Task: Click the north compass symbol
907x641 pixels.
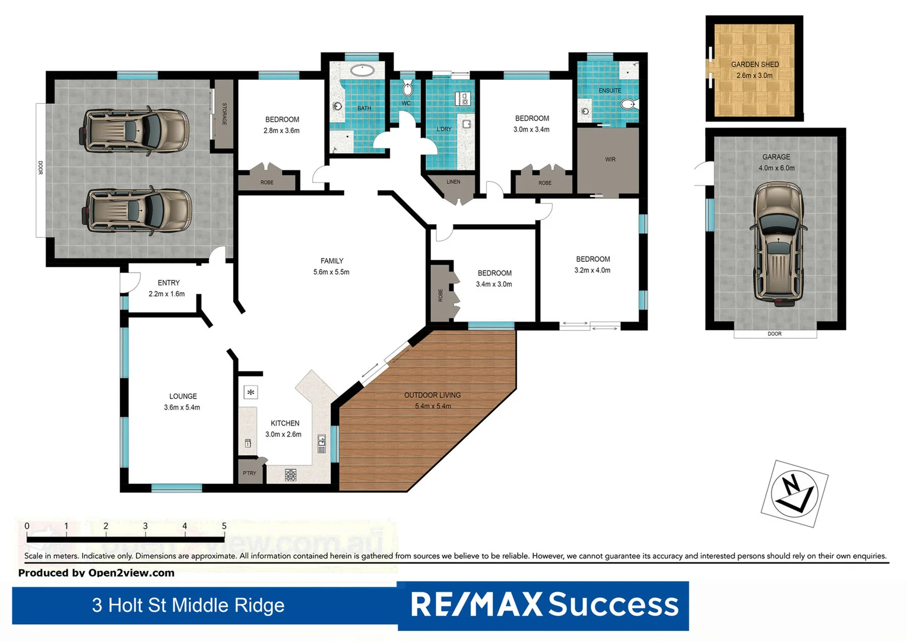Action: pos(794,493)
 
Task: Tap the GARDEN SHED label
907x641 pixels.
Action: pos(754,65)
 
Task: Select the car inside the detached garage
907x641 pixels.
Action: pos(778,243)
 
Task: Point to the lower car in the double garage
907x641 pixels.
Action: pos(138,211)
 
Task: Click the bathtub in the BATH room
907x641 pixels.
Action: pos(361,71)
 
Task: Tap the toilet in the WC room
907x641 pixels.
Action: pos(407,90)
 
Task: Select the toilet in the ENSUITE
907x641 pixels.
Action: pos(627,105)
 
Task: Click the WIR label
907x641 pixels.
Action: pos(610,160)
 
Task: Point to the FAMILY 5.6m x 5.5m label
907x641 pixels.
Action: pos(331,266)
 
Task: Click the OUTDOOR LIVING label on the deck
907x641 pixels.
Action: pos(432,395)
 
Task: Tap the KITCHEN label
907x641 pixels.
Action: pos(284,423)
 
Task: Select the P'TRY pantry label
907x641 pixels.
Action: pos(249,473)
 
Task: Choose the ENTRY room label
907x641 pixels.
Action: pos(168,283)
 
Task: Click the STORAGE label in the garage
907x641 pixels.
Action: pos(224,114)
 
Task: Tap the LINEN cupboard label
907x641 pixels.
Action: pos(453,182)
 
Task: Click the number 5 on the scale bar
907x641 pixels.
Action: pos(224,526)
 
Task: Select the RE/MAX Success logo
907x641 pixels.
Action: pos(543,605)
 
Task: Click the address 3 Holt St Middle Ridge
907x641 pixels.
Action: pos(188,605)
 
